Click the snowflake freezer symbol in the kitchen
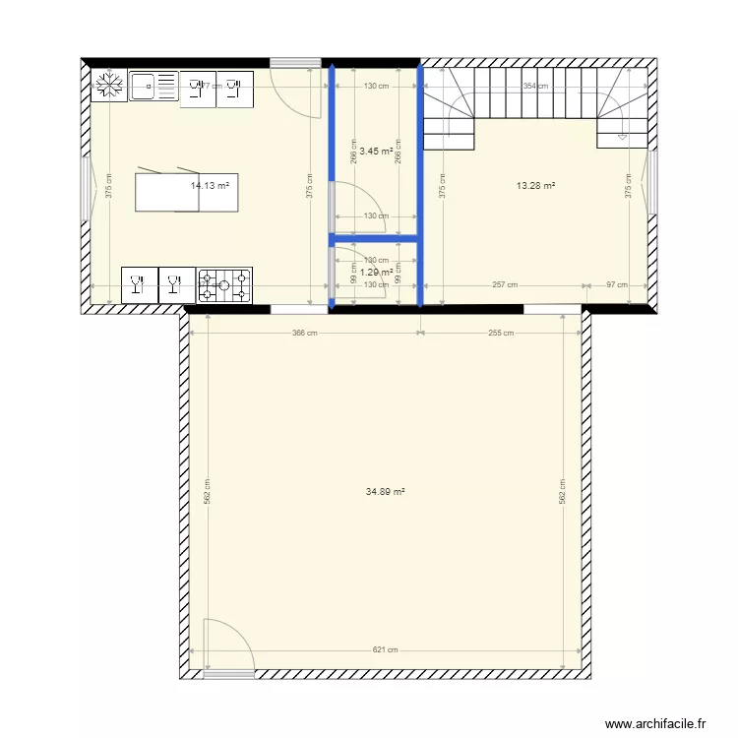click(109, 86)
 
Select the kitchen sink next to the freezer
click(154, 86)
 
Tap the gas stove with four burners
click(225, 286)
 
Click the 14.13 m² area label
click(210, 184)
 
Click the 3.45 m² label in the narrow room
click(376, 152)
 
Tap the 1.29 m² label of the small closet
click(376, 272)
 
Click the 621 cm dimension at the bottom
click(386, 649)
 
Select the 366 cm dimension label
click(305, 333)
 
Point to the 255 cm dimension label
click(501, 333)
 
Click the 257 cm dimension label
click(505, 285)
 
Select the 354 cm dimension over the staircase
click(535, 86)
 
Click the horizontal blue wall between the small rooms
click(375, 237)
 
